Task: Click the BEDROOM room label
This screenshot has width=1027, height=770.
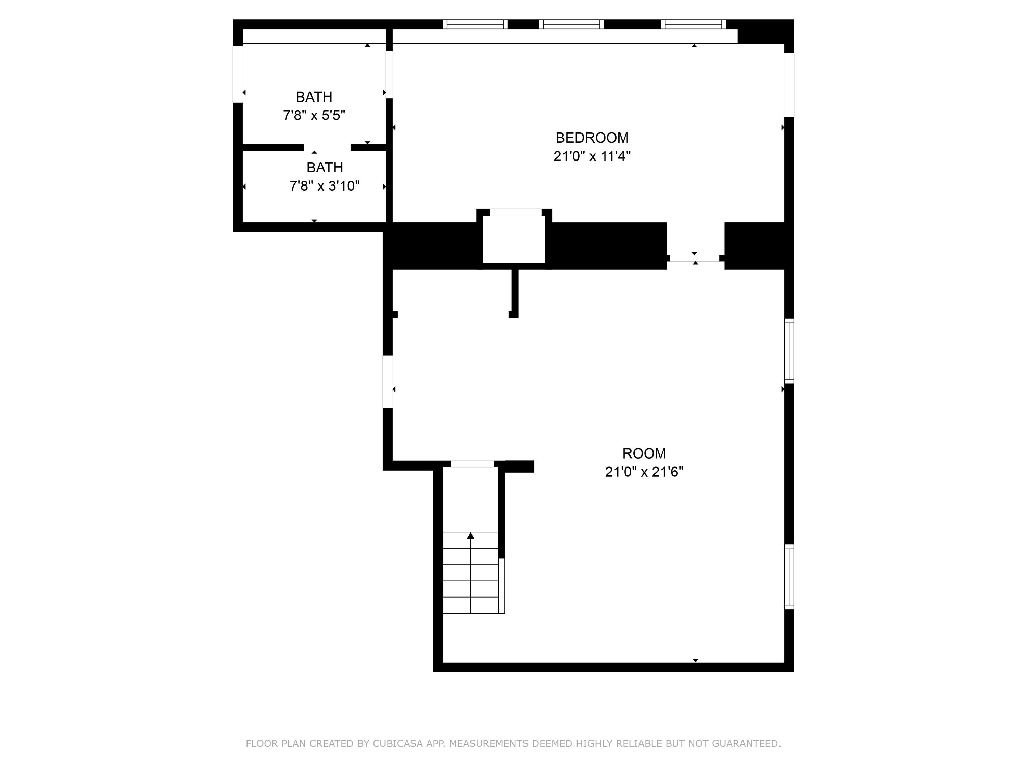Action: point(592,138)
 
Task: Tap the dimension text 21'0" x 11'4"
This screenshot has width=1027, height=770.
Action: point(592,156)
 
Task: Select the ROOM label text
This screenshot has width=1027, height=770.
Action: point(644,453)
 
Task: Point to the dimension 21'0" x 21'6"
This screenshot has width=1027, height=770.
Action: point(644,472)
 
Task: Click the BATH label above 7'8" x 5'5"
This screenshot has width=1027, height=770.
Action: point(314,97)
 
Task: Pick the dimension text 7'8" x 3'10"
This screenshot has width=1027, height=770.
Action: point(325,186)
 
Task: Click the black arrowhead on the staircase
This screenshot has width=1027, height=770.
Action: point(470,536)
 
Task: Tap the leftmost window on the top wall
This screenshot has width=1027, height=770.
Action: point(474,24)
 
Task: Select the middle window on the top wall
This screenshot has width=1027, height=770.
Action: point(571,24)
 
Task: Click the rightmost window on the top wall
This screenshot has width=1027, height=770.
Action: point(693,24)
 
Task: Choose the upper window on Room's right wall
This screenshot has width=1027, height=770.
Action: point(789,351)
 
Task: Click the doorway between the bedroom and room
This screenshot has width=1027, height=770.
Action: point(695,258)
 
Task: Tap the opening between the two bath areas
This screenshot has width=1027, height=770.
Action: point(327,147)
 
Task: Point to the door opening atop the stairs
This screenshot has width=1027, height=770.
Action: point(472,464)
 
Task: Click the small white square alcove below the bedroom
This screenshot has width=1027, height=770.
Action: point(514,239)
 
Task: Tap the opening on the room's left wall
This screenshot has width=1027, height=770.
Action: point(388,382)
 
